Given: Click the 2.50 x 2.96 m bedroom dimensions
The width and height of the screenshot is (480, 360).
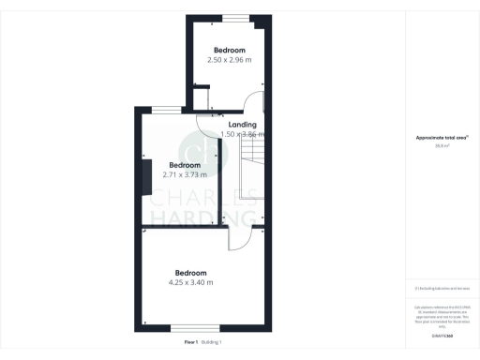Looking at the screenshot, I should (x=229, y=60).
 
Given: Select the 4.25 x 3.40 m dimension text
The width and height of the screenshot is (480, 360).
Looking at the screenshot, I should (x=190, y=282).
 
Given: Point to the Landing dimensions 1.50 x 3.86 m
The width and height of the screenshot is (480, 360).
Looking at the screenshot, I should (x=244, y=134).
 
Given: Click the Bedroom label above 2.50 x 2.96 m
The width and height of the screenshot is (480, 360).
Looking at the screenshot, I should (x=229, y=50).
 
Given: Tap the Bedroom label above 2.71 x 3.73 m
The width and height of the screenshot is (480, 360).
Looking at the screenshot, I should (x=185, y=165).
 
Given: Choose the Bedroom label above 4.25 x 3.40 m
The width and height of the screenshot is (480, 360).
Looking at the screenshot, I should (x=190, y=273).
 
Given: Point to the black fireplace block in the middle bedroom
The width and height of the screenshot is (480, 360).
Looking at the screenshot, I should (x=146, y=177).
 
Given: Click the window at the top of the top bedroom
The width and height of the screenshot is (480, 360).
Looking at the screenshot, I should (x=235, y=18).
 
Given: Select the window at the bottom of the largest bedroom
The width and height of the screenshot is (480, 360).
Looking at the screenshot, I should (x=190, y=327).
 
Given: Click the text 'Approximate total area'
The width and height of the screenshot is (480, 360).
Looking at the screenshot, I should (x=442, y=138).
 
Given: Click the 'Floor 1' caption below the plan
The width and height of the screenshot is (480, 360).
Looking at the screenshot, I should (x=191, y=342).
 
